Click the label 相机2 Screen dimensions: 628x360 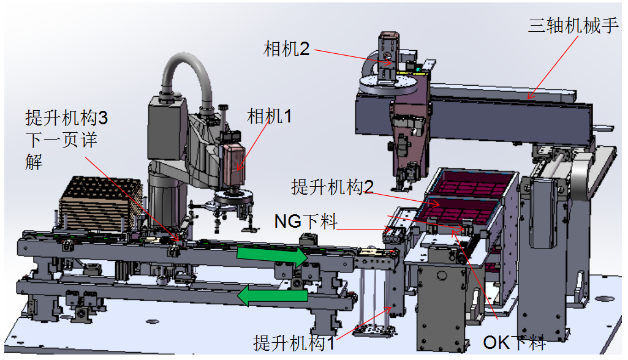[x=286, y=49]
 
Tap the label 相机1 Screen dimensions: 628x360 [x=269, y=116]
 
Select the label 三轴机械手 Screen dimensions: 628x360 [x=573, y=26]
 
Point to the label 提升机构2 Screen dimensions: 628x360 [x=333, y=187]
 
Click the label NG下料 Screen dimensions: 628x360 [x=306, y=221]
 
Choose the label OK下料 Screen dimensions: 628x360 [x=514, y=342]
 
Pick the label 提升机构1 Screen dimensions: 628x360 [x=294, y=343]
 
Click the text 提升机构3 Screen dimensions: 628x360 [x=67, y=118]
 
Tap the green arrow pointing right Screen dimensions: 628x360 [x=273, y=257]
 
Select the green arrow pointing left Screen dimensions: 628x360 [x=273, y=296]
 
